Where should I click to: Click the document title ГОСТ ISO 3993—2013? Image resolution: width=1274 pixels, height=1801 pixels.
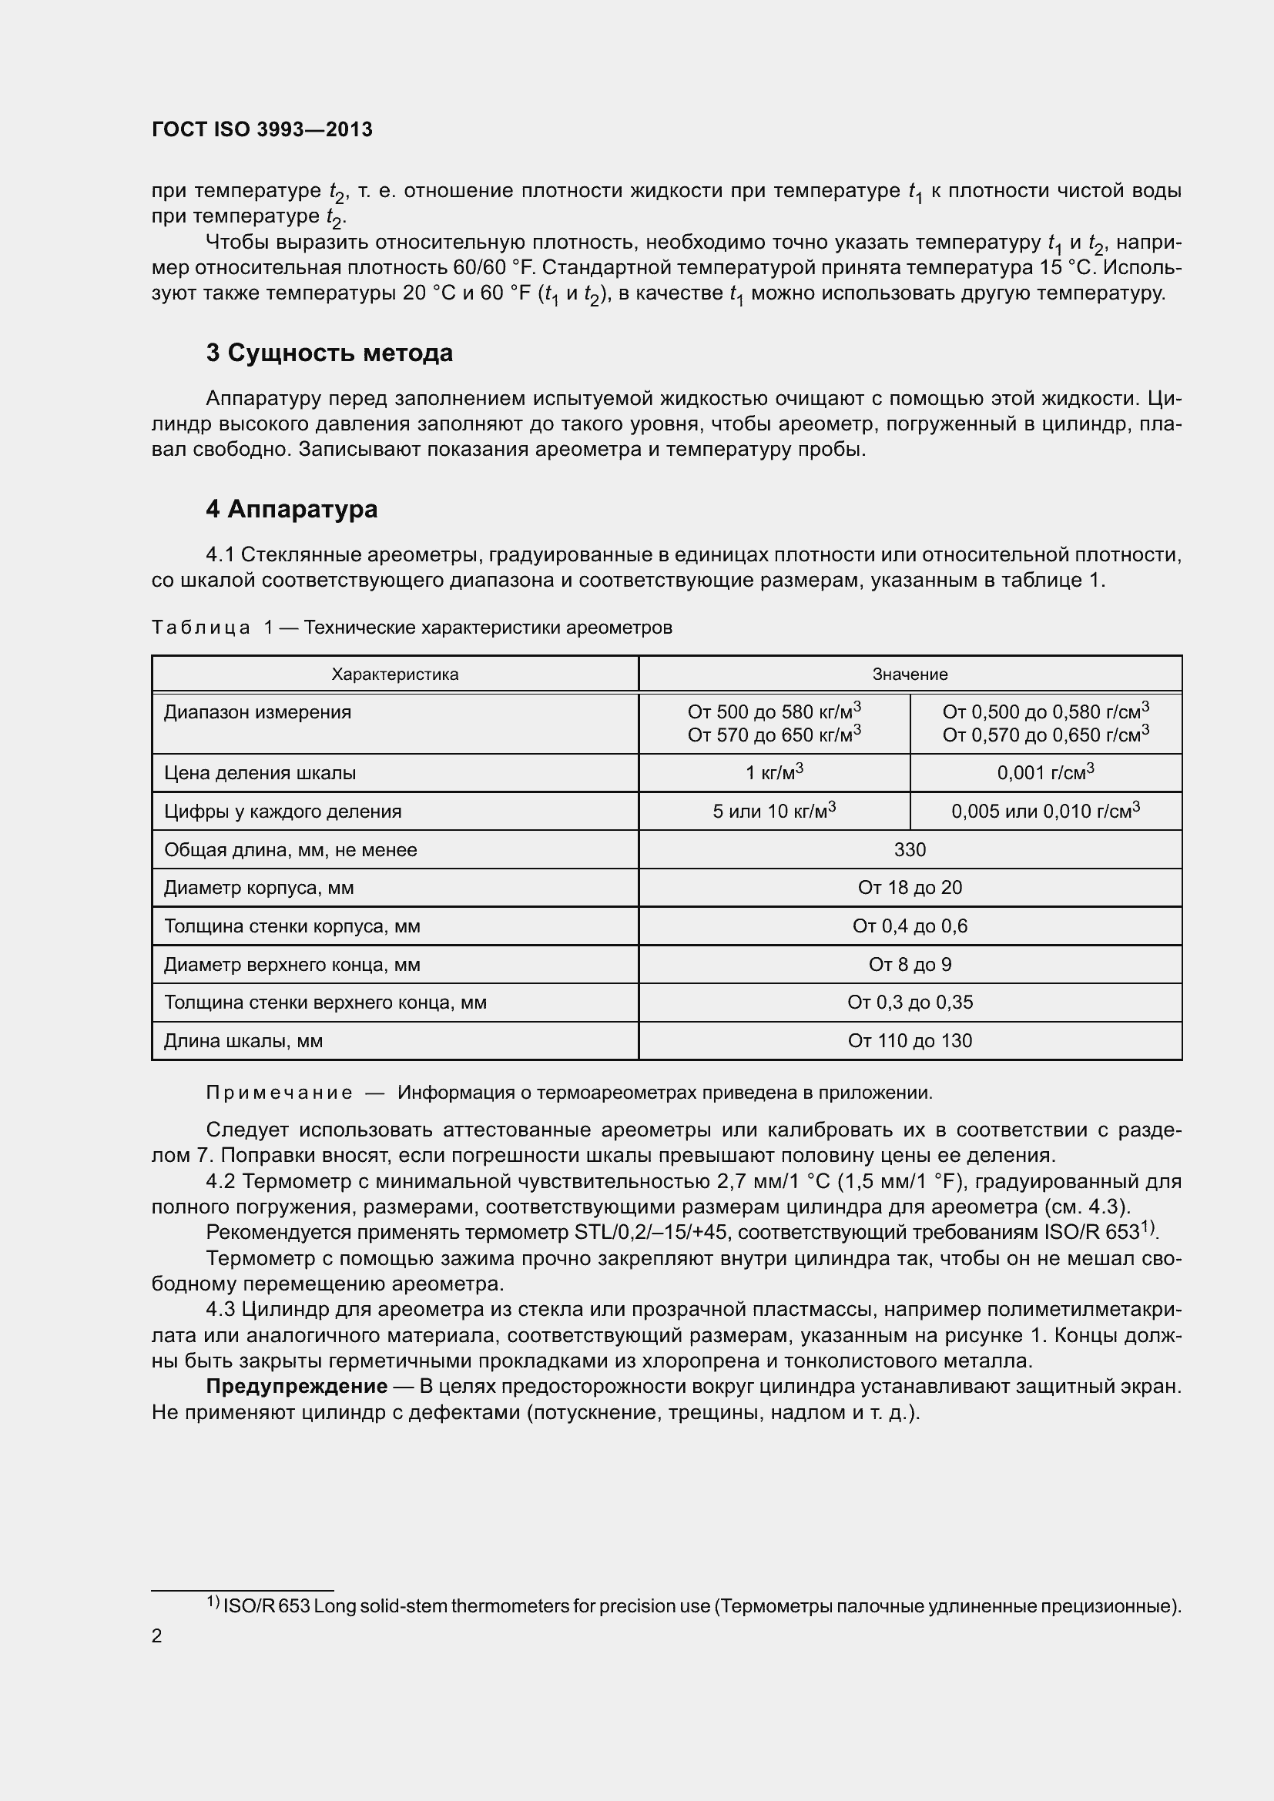click(262, 129)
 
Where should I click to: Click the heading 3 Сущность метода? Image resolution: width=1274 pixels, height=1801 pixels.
click(330, 353)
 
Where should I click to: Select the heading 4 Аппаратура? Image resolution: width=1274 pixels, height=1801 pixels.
click(292, 509)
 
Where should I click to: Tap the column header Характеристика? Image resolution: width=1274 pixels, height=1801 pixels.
click(394, 674)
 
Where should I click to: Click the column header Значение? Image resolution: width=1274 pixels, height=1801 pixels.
click(910, 674)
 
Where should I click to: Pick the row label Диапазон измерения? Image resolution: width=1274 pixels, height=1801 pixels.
click(257, 712)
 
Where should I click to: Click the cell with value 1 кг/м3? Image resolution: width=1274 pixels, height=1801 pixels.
click(774, 772)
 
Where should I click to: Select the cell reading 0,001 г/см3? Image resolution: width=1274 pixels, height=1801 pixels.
click(1046, 772)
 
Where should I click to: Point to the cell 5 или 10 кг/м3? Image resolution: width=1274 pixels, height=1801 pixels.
click(774, 811)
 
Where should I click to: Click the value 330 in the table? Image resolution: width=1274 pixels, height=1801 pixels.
click(910, 849)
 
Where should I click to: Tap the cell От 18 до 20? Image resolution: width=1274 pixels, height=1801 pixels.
click(910, 887)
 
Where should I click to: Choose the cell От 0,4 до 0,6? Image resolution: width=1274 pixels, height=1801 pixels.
click(910, 926)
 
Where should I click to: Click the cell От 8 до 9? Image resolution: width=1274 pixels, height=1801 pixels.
click(910, 964)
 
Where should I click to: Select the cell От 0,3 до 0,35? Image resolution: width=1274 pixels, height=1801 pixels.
click(910, 1002)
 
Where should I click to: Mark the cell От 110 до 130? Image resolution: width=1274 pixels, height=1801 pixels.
click(910, 1040)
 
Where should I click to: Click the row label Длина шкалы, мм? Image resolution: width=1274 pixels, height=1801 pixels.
click(243, 1040)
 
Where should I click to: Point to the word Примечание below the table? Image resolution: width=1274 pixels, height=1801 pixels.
click(279, 1093)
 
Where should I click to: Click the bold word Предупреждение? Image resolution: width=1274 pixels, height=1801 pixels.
click(297, 1386)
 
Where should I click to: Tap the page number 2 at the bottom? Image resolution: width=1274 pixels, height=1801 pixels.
click(157, 1635)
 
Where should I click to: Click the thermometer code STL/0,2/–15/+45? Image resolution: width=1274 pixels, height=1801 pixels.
click(650, 1232)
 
